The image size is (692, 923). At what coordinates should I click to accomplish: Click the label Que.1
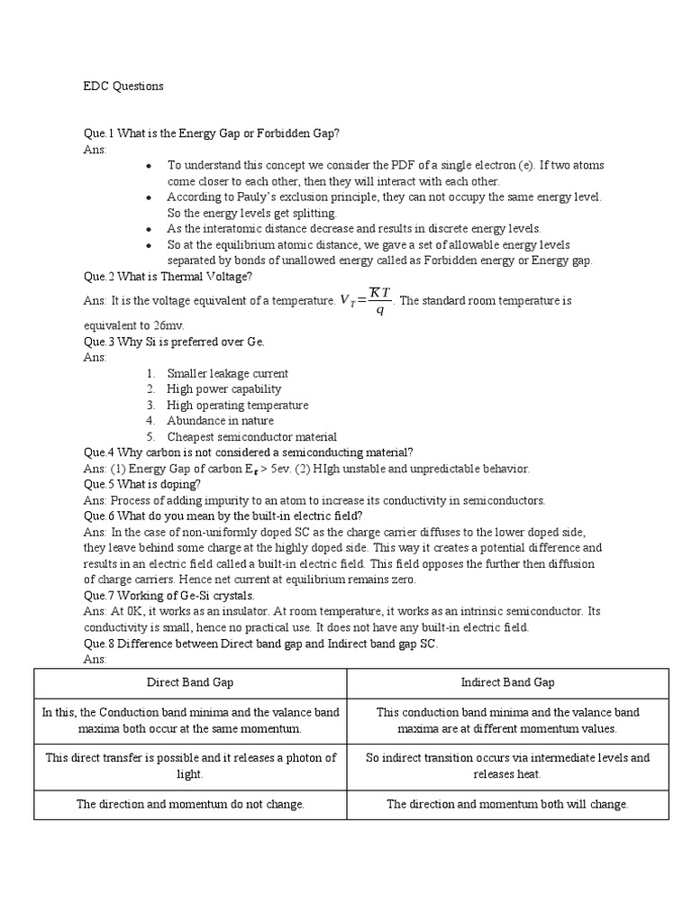(x=100, y=133)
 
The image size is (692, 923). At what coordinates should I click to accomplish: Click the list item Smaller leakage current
(x=227, y=373)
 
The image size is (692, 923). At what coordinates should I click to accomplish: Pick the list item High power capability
(x=223, y=389)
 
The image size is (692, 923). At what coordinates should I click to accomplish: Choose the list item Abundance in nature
(x=220, y=421)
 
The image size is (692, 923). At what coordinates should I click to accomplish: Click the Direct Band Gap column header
(x=191, y=683)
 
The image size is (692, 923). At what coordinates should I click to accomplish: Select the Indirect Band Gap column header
(x=507, y=683)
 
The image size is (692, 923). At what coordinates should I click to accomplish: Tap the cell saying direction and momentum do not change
(x=191, y=804)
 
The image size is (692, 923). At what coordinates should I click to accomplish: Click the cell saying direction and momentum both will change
(x=507, y=804)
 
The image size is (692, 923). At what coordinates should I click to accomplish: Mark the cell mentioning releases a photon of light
(x=191, y=765)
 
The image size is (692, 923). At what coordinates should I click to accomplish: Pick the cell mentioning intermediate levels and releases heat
(x=507, y=765)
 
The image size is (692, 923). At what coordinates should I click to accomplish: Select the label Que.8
(x=100, y=644)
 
